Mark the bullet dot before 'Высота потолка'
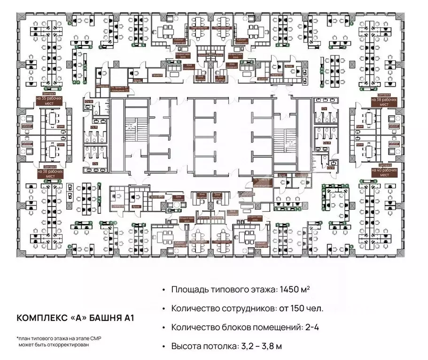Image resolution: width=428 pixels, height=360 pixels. point(163,346)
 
